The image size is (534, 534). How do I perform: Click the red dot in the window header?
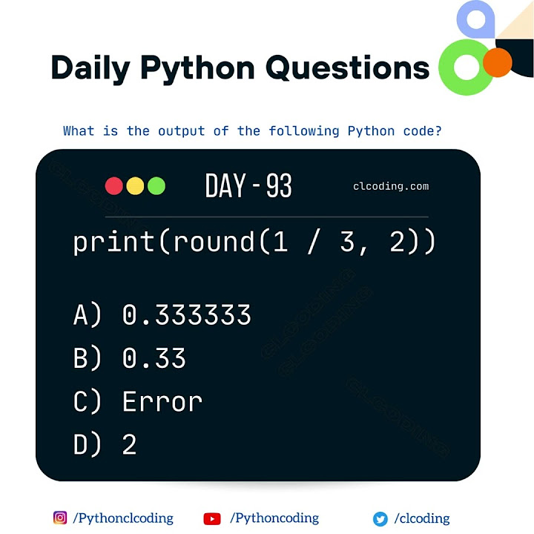[x=114, y=185]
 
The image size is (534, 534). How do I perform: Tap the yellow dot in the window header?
[x=135, y=185]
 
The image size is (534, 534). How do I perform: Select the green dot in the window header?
[x=156, y=185]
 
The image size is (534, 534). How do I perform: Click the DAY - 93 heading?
[x=248, y=186]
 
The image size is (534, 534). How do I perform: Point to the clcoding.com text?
[x=391, y=186]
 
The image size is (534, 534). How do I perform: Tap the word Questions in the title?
[x=347, y=68]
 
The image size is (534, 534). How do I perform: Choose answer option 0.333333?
[x=186, y=316]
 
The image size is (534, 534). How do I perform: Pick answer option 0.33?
[x=154, y=359]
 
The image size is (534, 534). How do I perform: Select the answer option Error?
[x=162, y=402]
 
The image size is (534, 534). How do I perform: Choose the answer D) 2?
[x=129, y=445]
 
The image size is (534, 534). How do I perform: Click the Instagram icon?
[x=60, y=518]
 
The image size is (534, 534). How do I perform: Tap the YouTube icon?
[x=211, y=519]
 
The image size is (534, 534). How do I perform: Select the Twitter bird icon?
[x=380, y=519]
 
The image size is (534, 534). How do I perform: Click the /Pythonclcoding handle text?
[x=123, y=518]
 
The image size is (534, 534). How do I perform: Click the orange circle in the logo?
[x=498, y=63]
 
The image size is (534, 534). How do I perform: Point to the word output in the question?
[x=181, y=131]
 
